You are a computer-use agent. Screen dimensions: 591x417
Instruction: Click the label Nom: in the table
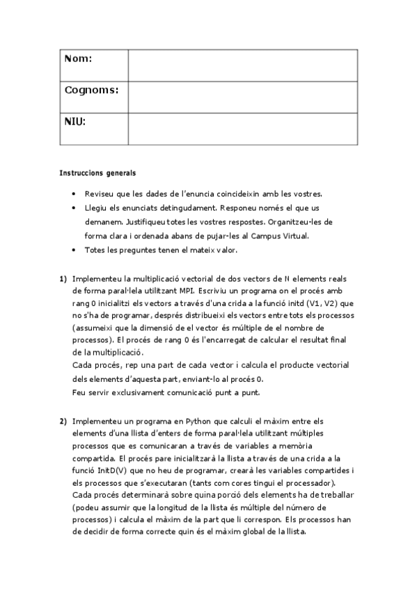(78, 59)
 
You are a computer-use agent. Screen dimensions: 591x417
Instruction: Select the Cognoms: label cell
(91, 90)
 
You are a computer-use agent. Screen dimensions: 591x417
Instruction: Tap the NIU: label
(75, 121)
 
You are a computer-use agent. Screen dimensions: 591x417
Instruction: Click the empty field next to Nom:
(242, 66)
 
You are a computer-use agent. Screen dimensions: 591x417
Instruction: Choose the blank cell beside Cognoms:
(242, 97)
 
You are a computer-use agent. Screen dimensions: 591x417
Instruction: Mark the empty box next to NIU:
(242, 128)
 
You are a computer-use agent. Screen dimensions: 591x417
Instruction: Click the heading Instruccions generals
(97, 172)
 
